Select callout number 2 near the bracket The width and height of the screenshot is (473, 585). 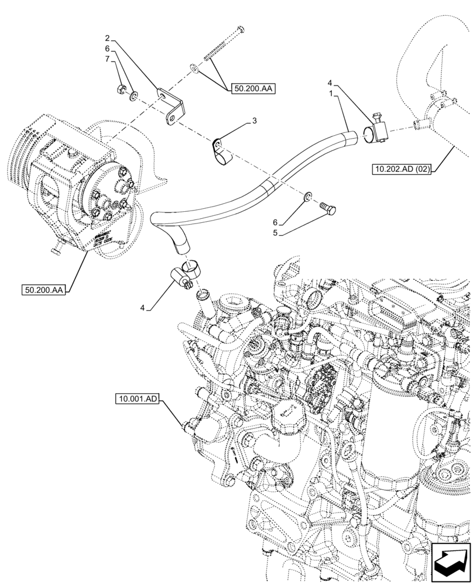click(108, 42)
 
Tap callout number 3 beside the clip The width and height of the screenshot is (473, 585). click(253, 121)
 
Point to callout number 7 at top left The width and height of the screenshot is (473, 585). click(108, 60)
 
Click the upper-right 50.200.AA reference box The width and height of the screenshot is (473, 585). click(253, 89)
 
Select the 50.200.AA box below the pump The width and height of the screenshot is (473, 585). click(43, 289)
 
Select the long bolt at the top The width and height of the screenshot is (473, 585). click(225, 47)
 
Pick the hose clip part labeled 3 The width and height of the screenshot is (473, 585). click(221, 150)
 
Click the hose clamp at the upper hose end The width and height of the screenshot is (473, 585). click(375, 129)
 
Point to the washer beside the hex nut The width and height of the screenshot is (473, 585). click(134, 94)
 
